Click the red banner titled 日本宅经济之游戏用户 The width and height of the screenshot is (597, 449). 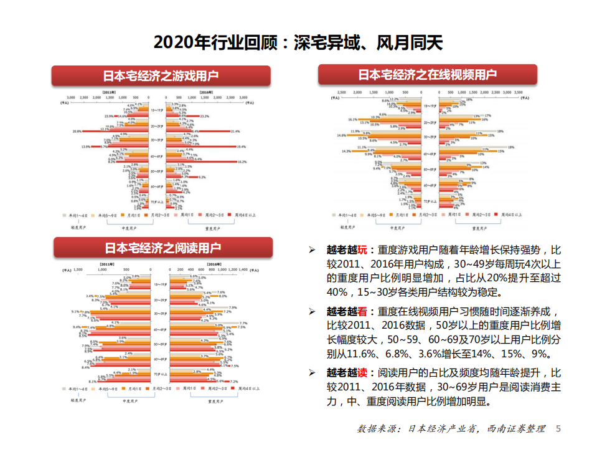(x=161, y=76)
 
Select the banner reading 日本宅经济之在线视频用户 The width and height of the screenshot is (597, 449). (x=427, y=75)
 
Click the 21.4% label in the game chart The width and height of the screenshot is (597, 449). (x=235, y=132)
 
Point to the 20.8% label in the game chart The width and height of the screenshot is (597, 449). (x=77, y=132)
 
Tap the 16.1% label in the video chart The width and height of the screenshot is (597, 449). (x=352, y=120)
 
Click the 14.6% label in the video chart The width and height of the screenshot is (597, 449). (x=341, y=135)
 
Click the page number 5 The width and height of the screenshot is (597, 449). (x=558, y=429)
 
